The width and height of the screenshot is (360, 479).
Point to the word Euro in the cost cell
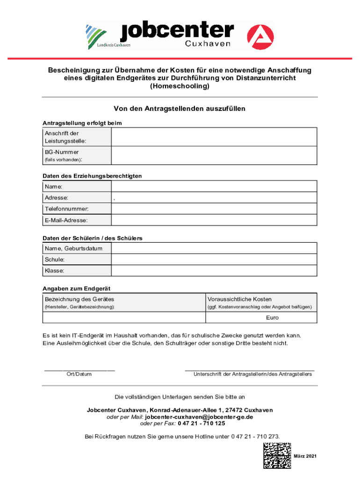point(272,318)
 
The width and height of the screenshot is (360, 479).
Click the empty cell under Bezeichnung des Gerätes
point(124,318)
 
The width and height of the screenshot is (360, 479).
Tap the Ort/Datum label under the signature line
point(79,374)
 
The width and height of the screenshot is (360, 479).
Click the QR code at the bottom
point(277,456)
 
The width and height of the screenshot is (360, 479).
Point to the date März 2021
point(305,456)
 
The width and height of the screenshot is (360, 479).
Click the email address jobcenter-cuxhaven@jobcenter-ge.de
point(199,417)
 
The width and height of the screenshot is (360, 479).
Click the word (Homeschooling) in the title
point(180,87)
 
